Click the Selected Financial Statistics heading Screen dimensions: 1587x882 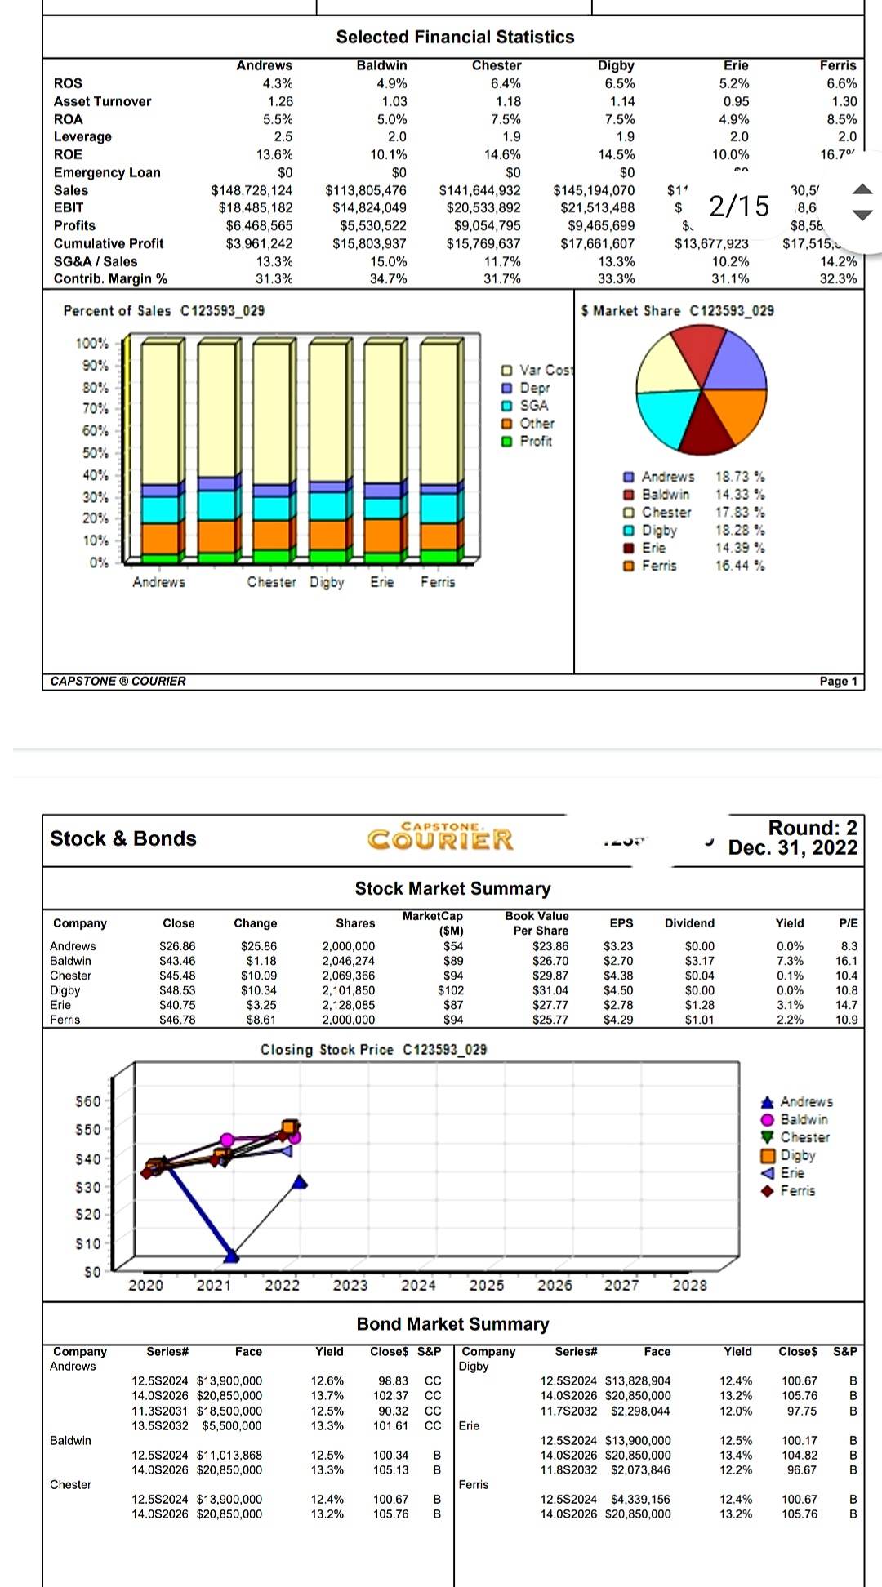click(x=455, y=37)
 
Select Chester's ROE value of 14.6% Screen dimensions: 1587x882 click(x=503, y=154)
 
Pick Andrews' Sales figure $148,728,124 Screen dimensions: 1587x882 click(x=252, y=190)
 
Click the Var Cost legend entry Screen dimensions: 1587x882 click(x=539, y=370)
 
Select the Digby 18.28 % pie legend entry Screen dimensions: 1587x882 click(x=694, y=531)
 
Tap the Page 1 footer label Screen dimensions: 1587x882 click(x=838, y=682)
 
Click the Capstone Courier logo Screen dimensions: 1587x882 click(x=441, y=838)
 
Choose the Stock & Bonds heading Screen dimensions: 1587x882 click(x=123, y=838)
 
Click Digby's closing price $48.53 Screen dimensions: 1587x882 click(x=178, y=990)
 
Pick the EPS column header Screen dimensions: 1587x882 click(x=621, y=923)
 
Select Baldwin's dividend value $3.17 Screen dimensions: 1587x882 click(x=700, y=961)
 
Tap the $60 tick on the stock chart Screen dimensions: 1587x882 click(x=88, y=1101)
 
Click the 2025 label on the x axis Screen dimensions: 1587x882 click(x=487, y=1286)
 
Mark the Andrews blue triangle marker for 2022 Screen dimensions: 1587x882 click(x=300, y=1182)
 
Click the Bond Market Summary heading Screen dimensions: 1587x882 click(x=452, y=1324)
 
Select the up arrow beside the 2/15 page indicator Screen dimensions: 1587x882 click(x=862, y=189)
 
